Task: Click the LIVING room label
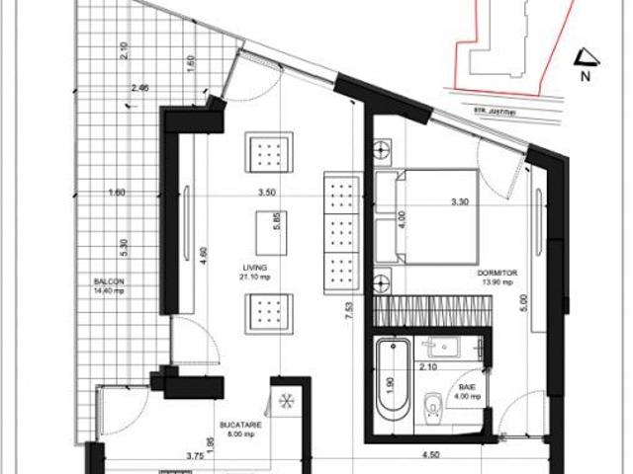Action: pos(256,267)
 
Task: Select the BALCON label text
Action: pos(109,280)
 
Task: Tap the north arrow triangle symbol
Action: pos(584,57)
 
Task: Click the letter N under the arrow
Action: pos(585,75)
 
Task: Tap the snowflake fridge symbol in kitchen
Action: pos(286,403)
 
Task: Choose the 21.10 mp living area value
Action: pos(257,277)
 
